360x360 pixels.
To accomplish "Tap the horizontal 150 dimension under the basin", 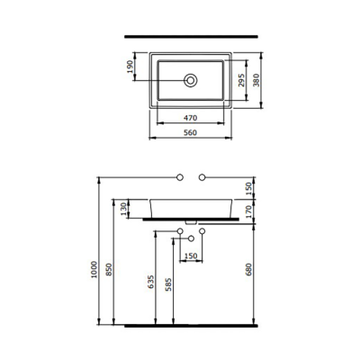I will click(x=191, y=255).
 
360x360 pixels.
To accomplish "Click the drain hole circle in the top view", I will click(x=190, y=81).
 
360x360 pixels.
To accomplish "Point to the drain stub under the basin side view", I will click(x=191, y=221).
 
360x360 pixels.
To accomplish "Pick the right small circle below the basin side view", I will click(x=202, y=234).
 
